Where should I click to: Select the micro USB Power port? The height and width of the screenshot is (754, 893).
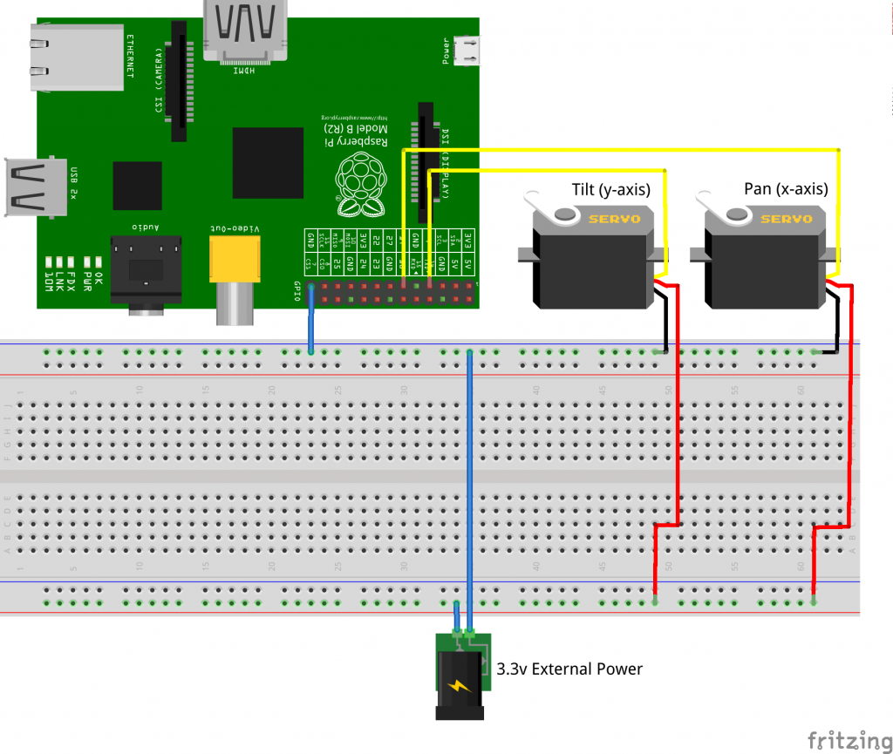coord(471,50)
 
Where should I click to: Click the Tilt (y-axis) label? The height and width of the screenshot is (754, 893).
coord(610,189)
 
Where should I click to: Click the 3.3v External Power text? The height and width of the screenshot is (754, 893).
coord(569,669)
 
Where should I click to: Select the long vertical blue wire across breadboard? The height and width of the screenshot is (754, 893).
coord(470,488)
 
